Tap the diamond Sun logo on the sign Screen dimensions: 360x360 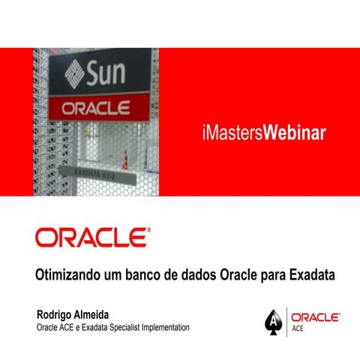pyautogui.click(x=74, y=75)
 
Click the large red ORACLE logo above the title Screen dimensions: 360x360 pyautogui.click(x=92, y=238)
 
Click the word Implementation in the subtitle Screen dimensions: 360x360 pyautogui.click(x=165, y=328)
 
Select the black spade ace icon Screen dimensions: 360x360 pyautogui.click(x=273, y=323)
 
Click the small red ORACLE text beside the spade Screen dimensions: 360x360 pyautogui.click(x=315, y=318)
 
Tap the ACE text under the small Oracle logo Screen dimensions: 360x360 pyautogui.click(x=298, y=328)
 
